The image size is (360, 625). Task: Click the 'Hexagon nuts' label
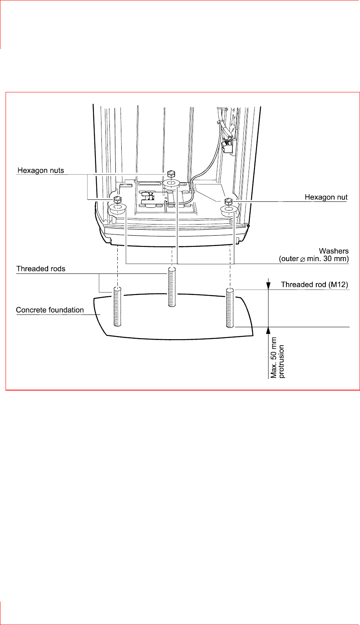pyautogui.click(x=41, y=170)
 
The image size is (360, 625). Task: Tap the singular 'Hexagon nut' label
pyautogui.click(x=326, y=197)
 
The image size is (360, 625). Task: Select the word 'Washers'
pyautogui.click(x=333, y=251)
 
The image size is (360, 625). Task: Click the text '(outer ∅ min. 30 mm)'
pyautogui.click(x=313, y=259)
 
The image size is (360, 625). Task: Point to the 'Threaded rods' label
pyautogui.click(x=41, y=269)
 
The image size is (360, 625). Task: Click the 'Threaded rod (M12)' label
pyautogui.click(x=314, y=284)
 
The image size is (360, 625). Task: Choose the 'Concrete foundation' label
pyautogui.click(x=50, y=310)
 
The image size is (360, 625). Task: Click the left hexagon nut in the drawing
pyautogui.click(x=117, y=199)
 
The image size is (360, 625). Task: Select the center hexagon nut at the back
pyautogui.click(x=171, y=174)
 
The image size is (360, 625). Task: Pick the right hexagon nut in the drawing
pyautogui.click(x=228, y=201)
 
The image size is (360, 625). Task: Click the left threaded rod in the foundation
pyautogui.click(x=117, y=305)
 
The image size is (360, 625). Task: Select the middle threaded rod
pyautogui.click(x=171, y=287)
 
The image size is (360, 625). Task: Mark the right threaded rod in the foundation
pyautogui.click(x=230, y=307)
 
